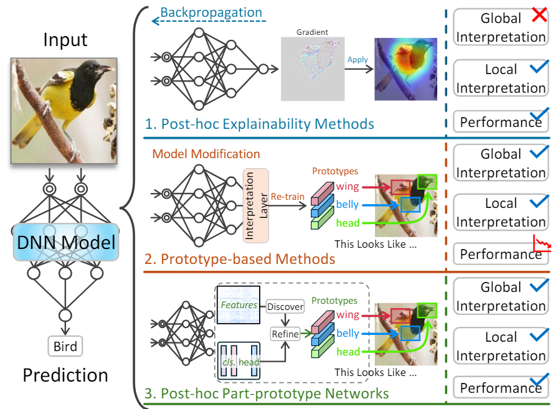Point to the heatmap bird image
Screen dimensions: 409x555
pos(406,68)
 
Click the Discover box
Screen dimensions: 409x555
pos(285,306)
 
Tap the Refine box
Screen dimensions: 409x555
pos(285,334)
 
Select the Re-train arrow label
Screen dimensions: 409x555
pos(287,197)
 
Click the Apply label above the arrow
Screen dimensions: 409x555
pos(358,60)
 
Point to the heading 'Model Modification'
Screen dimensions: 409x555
pos(206,154)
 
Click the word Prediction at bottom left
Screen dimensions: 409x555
pos(65,375)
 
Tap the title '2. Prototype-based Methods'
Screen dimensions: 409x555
pos(239,258)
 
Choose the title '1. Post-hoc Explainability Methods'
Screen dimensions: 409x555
pos(259,124)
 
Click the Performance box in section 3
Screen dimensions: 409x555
pos(500,388)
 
